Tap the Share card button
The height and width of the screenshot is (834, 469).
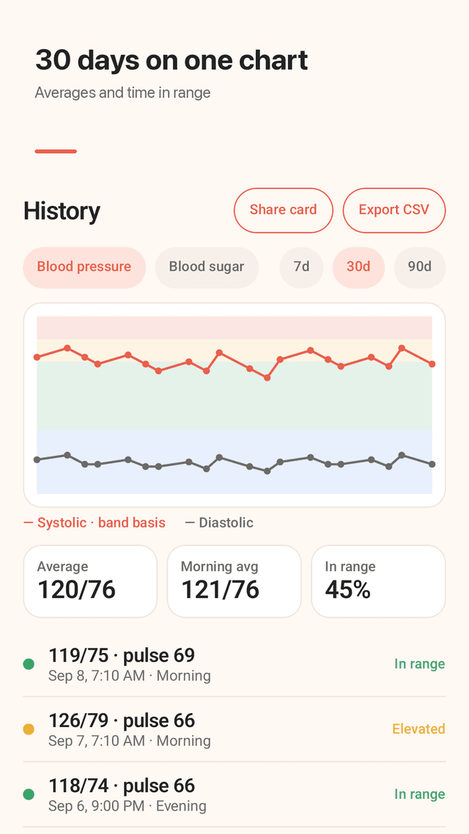284,210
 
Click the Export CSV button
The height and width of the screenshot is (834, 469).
394,210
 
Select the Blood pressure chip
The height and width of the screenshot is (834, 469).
84,267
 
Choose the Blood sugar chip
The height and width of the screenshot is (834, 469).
207,267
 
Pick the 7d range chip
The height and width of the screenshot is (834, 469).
301,267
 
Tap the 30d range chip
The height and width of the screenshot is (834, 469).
358,267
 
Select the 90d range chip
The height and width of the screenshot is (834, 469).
420,267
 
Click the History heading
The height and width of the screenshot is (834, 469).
62,211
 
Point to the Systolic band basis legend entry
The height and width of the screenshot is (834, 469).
95,523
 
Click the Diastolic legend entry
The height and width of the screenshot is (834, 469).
219,523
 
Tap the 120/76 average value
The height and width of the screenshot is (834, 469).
76,589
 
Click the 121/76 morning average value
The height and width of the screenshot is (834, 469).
220,589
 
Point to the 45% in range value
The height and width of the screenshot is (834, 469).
348,589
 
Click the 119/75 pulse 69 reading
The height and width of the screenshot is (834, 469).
122,655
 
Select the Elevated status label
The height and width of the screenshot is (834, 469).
418,728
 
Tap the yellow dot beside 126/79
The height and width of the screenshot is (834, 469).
29,729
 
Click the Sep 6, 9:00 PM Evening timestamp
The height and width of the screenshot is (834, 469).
127,806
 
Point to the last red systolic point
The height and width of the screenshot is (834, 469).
432,364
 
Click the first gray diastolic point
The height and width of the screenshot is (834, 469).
37,460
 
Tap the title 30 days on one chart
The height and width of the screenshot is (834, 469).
171,61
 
